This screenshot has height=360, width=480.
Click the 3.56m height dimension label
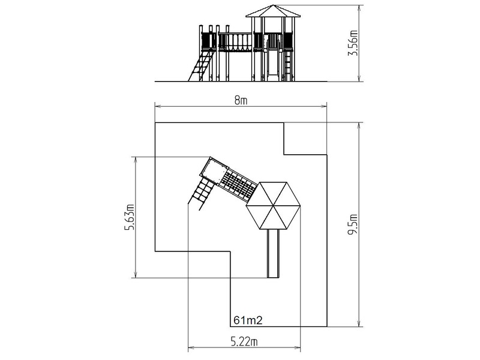353,43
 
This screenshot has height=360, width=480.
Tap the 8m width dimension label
241,100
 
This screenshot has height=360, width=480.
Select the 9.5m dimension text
353,224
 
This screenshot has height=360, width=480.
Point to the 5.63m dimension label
130,217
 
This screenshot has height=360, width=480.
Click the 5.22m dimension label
244,341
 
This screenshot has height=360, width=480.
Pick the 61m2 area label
248,320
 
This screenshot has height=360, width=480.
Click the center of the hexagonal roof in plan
274,206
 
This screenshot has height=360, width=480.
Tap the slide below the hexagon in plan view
273,253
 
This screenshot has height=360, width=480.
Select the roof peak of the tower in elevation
273,5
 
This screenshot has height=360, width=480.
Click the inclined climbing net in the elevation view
201,65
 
